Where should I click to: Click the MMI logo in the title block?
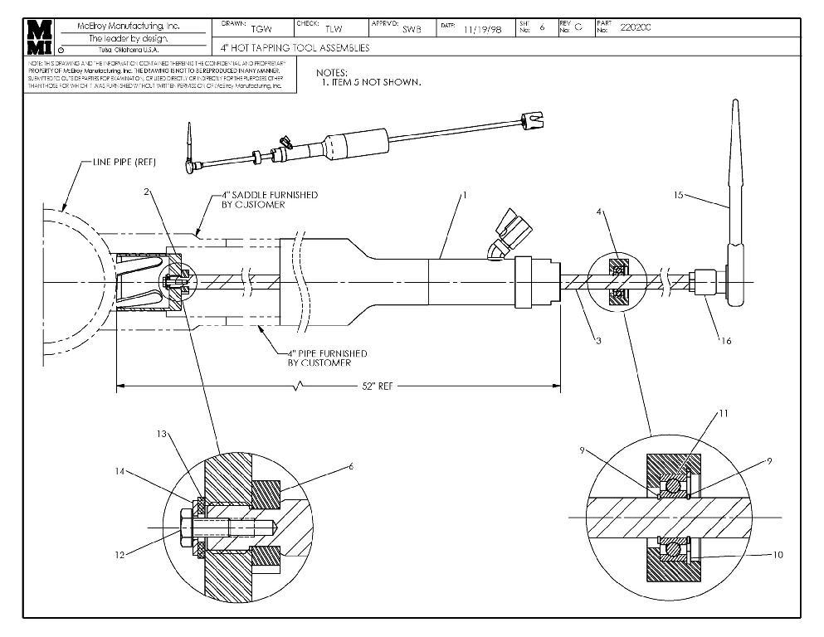click(39, 36)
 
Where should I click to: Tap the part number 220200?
click(636, 27)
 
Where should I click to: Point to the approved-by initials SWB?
click(412, 29)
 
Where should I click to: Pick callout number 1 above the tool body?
click(466, 195)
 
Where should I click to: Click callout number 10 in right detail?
click(776, 555)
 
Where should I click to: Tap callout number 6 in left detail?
click(351, 467)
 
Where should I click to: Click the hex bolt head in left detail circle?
click(188, 527)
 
